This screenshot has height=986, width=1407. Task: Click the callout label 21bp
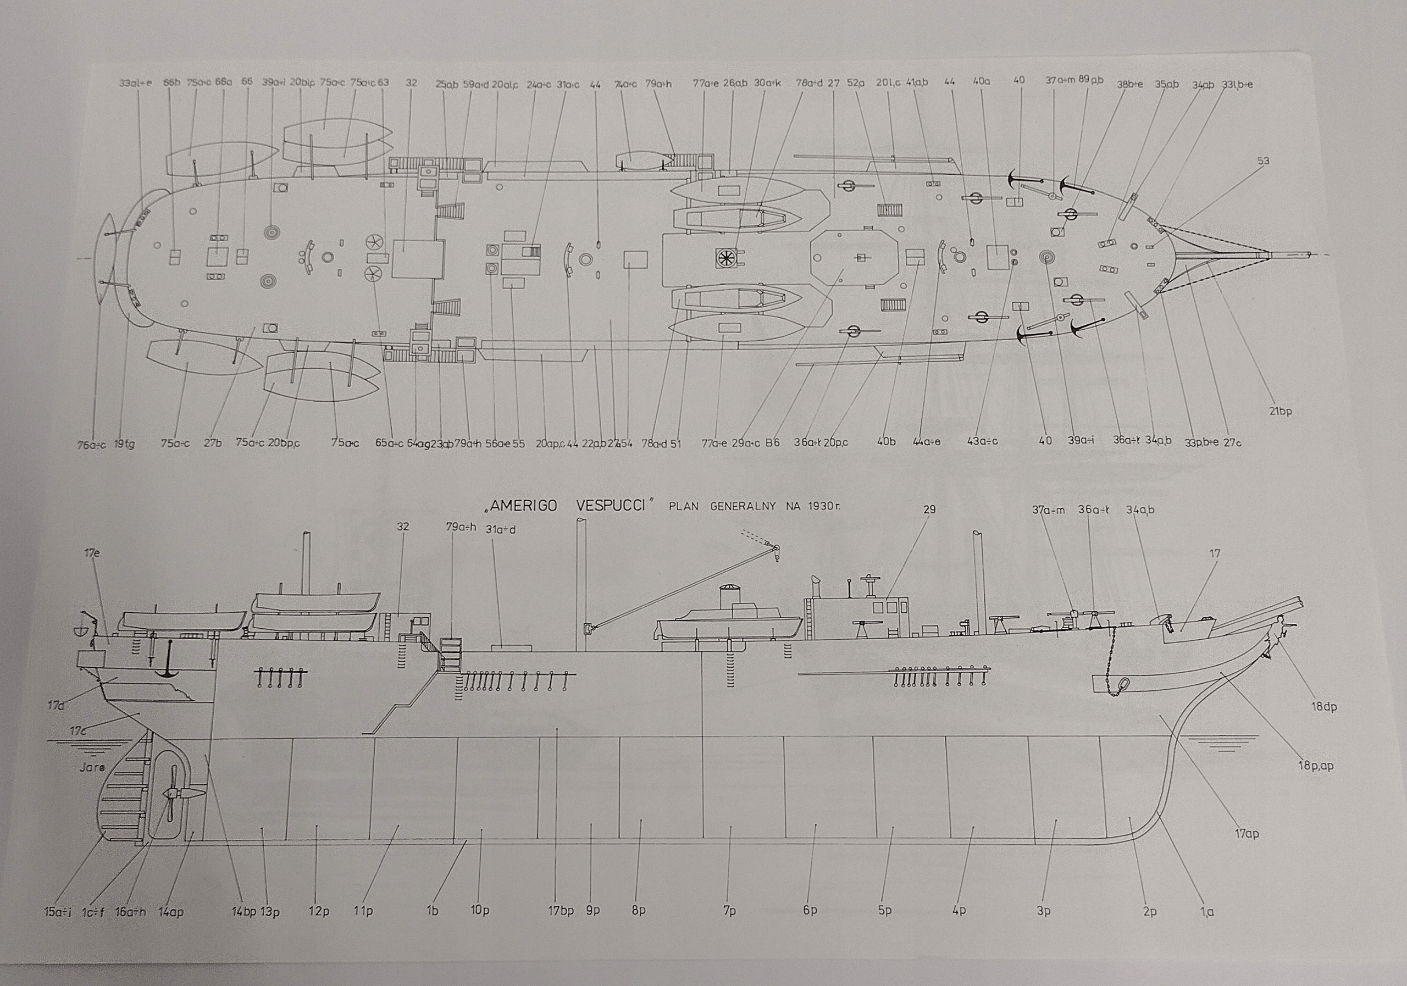pyautogui.click(x=1280, y=411)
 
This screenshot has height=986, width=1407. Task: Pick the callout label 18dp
pyautogui.click(x=1323, y=707)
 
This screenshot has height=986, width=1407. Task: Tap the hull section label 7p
pyautogui.click(x=729, y=911)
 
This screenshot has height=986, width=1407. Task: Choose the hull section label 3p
pyautogui.click(x=1044, y=911)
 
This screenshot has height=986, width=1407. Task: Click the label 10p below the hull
pyautogui.click(x=480, y=911)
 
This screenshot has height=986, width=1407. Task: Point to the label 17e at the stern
pyautogui.click(x=92, y=553)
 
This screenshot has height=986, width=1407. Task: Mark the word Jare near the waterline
pyautogui.click(x=92, y=767)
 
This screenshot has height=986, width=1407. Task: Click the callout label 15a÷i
pyautogui.click(x=58, y=912)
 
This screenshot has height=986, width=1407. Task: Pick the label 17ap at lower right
pyautogui.click(x=1246, y=834)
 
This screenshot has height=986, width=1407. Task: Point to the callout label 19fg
pyautogui.click(x=124, y=444)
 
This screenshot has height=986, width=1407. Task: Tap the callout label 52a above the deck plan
pyautogui.click(x=856, y=83)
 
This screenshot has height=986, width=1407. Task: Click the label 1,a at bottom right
pyautogui.click(x=1206, y=912)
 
